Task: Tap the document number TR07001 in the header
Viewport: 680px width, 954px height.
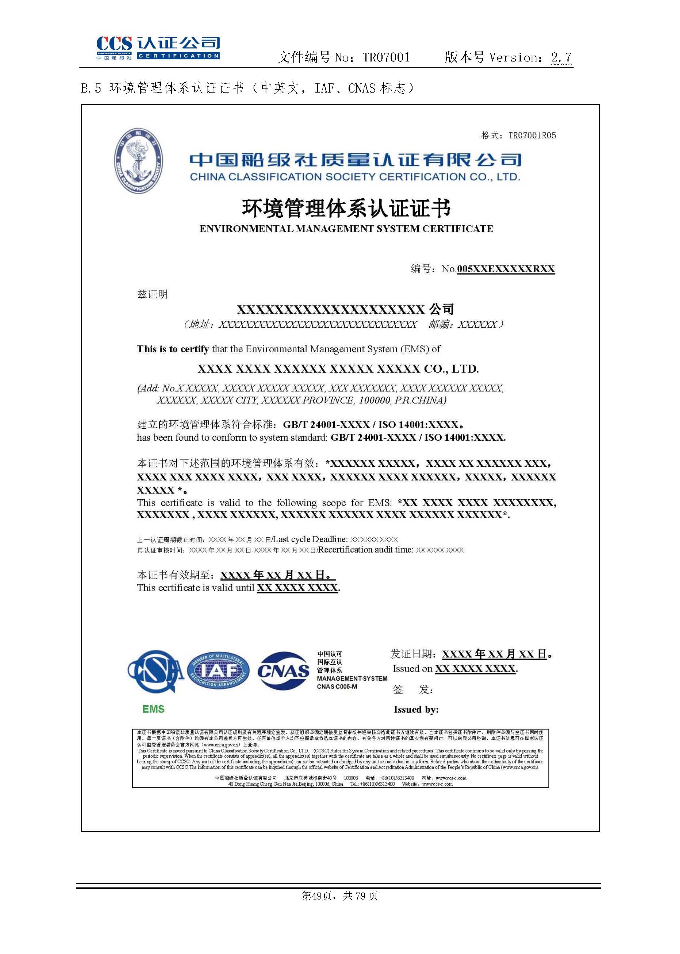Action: point(386,57)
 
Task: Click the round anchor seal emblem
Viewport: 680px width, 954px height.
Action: point(138,161)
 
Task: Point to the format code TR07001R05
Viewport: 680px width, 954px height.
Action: point(532,135)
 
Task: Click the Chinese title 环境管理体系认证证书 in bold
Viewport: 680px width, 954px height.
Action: point(346,208)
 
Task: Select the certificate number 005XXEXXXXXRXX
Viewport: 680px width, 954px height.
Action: point(506,269)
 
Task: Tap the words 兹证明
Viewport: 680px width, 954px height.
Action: point(152,294)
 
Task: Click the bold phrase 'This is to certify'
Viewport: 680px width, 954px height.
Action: point(172,349)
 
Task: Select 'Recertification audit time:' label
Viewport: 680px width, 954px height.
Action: point(365,550)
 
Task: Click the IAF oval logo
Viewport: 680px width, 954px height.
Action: point(218,671)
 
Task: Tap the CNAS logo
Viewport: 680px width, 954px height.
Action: point(283,671)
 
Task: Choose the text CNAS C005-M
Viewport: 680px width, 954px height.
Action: point(337,687)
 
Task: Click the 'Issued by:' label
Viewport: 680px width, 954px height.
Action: point(416,710)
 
